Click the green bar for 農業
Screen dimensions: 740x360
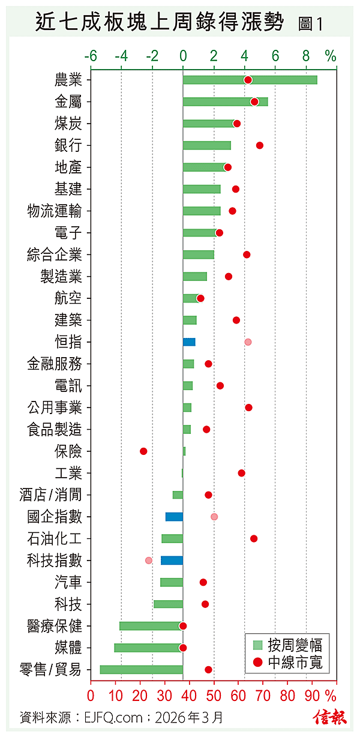pyautogui.click(x=250, y=80)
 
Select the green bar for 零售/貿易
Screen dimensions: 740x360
pyautogui.click(x=141, y=670)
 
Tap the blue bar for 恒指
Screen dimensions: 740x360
pyautogui.click(x=189, y=342)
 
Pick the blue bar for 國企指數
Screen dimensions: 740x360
pyautogui.click(x=174, y=517)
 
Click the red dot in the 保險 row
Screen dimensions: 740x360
pyautogui.click(x=143, y=451)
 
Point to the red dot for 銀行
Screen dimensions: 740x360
pyautogui.click(x=260, y=145)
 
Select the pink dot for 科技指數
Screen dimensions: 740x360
pyautogui.click(x=149, y=561)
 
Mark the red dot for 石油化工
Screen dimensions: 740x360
pyautogui.click(x=254, y=538)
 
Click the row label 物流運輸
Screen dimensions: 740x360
pyautogui.click(x=55, y=211)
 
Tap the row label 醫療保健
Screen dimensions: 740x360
pyautogui.click(x=55, y=626)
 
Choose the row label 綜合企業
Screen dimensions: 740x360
pyautogui.click(x=55, y=254)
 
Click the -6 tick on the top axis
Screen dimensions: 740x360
pyautogui.click(x=91, y=56)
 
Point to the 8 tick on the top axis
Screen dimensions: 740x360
pyautogui.click(x=306, y=56)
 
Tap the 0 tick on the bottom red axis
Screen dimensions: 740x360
pyautogui.click(x=91, y=696)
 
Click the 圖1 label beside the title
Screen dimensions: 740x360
pyautogui.click(x=311, y=25)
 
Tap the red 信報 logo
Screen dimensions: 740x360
pyautogui.click(x=329, y=717)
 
